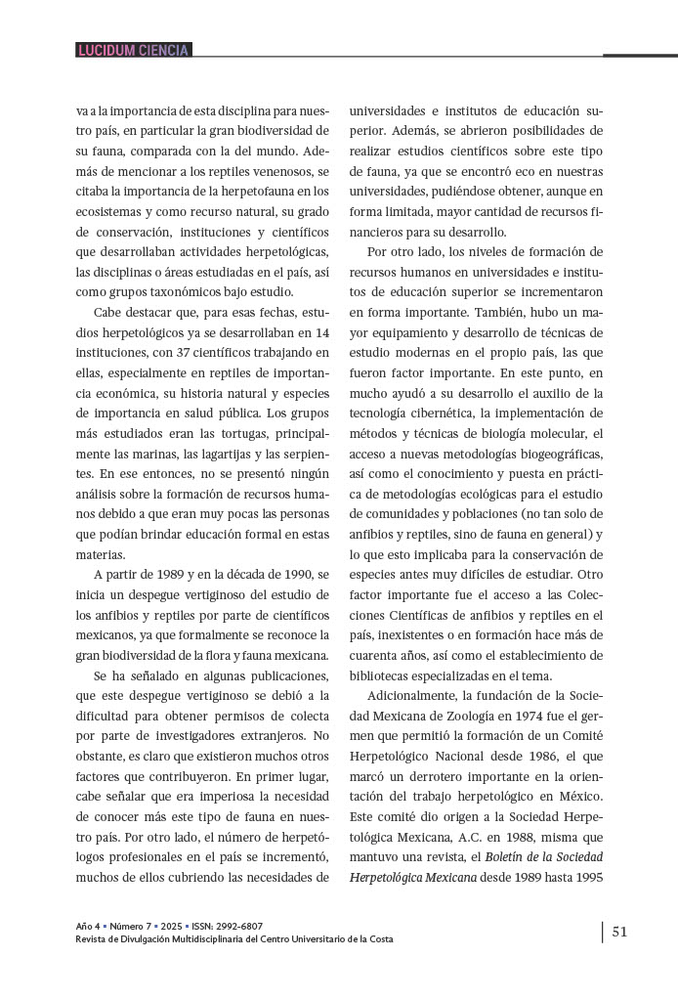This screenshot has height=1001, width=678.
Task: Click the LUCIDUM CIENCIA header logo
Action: coord(134,50)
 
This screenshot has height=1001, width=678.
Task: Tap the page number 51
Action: coord(619,932)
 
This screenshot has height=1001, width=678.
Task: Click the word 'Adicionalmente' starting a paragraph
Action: coord(413,696)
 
